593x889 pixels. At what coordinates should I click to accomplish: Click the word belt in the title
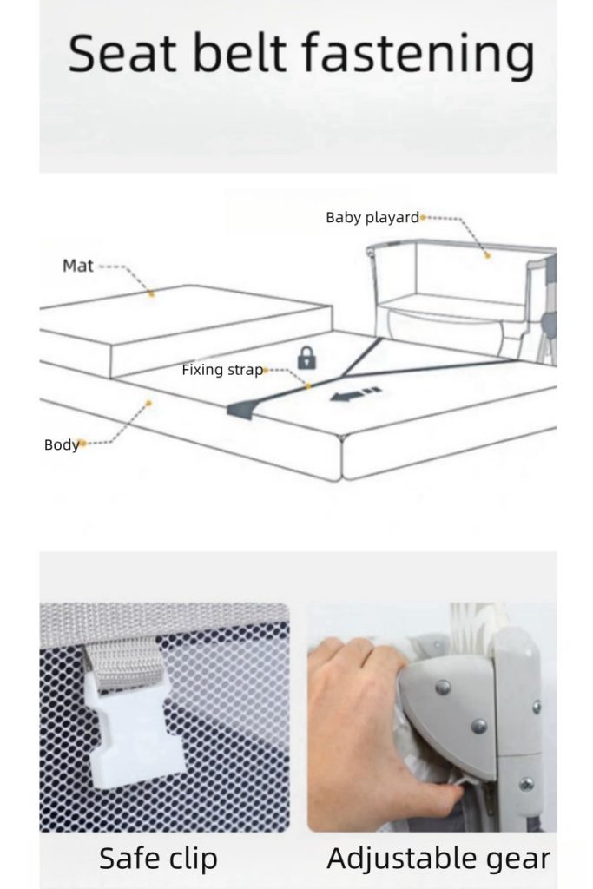[239, 53]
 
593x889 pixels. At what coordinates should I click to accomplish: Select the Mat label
[77, 266]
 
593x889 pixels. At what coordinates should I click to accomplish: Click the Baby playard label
[372, 217]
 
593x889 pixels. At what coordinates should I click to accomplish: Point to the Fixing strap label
[222, 370]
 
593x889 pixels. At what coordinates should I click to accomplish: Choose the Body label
[62, 444]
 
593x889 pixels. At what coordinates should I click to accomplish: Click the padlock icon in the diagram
[306, 358]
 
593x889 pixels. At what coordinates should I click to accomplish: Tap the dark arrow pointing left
[355, 394]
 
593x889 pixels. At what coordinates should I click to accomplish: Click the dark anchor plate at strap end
[245, 410]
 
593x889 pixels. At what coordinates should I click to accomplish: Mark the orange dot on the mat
[151, 293]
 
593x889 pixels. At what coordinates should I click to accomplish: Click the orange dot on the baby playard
[487, 256]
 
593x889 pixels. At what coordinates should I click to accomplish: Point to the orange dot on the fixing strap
[308, 386]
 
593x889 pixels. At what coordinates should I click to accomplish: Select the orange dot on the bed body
[148, 403]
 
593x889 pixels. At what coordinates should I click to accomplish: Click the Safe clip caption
[158, 859]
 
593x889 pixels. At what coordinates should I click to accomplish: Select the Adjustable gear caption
[438, 859]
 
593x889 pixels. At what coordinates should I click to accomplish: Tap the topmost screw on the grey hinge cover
[443, 688]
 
